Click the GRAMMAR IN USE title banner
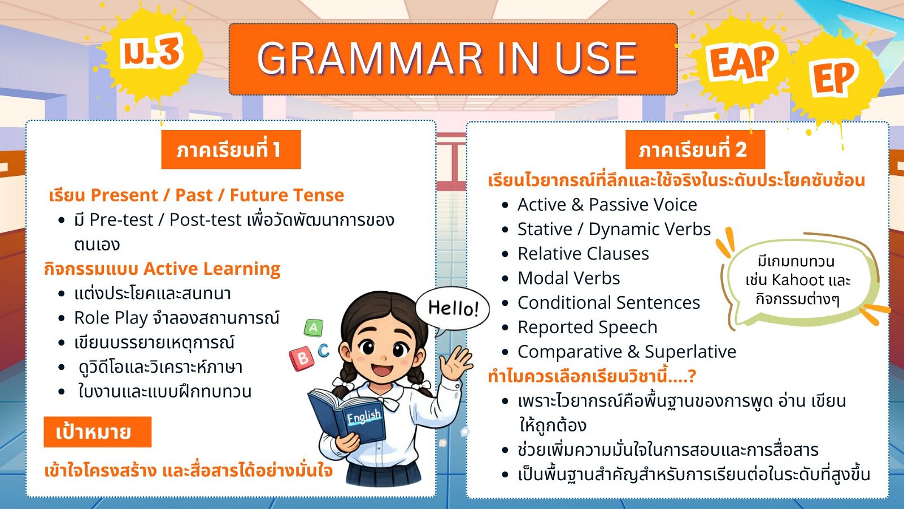453,59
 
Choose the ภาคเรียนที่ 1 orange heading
231,149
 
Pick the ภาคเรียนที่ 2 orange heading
695,149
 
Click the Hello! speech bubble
453,309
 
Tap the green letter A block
314,327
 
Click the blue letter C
324,350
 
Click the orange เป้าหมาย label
97,432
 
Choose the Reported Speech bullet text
588,327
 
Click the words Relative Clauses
583,254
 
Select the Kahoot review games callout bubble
797,279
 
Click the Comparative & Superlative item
627,352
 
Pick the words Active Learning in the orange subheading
212,269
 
